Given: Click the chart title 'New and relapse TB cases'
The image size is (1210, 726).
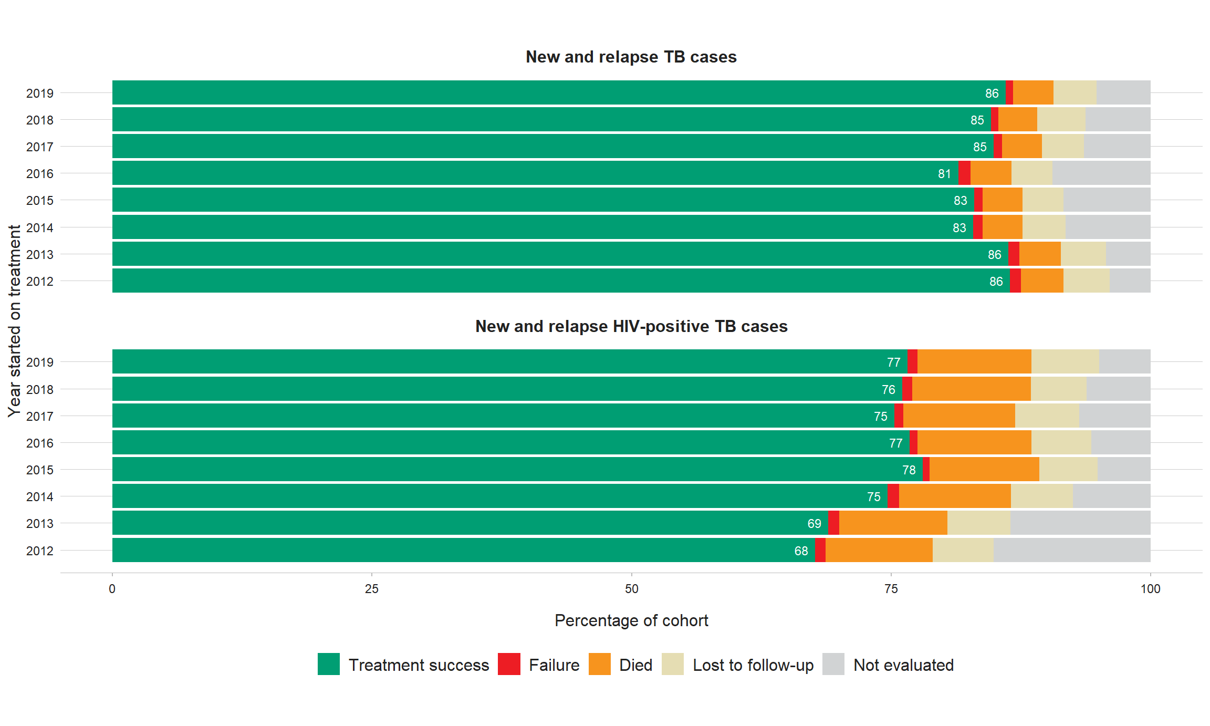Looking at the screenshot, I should [x=631, y=57].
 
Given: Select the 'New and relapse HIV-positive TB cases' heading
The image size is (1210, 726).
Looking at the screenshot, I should [x=631, y=326].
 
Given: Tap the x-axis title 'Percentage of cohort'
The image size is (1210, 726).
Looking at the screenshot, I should [x=631, y=620].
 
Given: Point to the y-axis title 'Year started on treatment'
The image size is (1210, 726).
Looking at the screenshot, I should [x=14, y=321].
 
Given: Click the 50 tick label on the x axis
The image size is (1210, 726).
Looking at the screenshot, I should [x=631, y=589].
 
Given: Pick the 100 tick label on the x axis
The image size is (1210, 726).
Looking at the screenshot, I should [x=1150, y=589].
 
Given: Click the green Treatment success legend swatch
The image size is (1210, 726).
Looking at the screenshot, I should [x=329, y=664].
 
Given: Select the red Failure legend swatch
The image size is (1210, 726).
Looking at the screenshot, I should [x=509, y=664].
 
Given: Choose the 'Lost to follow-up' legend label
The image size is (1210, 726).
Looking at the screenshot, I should [x=753, y=665].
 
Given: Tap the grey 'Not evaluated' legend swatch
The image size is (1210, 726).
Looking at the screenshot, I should [x=833, y=664].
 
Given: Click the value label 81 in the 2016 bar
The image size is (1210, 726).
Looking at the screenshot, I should [x=944, y=174].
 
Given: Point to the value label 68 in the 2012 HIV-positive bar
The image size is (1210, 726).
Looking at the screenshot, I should [x=801, y=551].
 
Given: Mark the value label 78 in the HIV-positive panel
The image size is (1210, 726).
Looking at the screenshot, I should [x=909, y=470].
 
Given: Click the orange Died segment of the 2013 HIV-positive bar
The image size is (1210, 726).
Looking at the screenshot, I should [x=893, y=523].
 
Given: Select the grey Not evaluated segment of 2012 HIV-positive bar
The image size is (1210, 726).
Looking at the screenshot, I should [x=1071, y=550].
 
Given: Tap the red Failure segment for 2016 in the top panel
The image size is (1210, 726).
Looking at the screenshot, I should [x=964, y=173].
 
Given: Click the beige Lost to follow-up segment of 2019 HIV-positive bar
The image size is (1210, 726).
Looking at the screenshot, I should [x=1065, y=362].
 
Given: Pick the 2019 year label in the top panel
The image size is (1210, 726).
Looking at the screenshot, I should [x=40, y=94].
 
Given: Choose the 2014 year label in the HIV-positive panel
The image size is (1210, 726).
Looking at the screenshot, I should [x=40, y=497].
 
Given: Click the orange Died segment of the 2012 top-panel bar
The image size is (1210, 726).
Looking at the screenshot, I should [x=1041, y=281].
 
